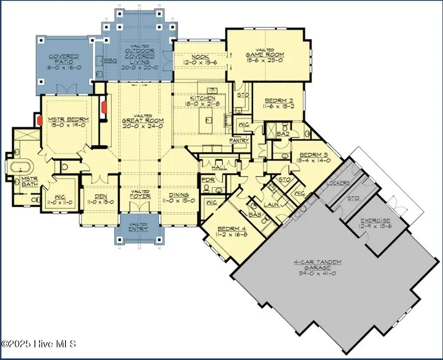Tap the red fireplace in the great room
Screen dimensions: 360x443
[x=104, y=108]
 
